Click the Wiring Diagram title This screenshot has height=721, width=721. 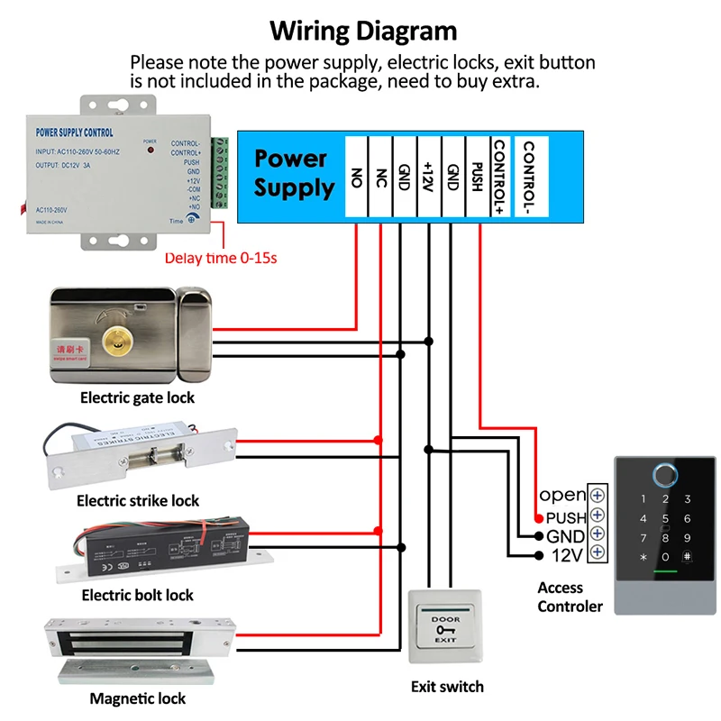pyautogui.click(x=364, y=31)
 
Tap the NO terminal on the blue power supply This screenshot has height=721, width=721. pyautogui.click(x=356, y=177)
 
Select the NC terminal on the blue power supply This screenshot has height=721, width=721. pyautogui.click(x=380, y=177)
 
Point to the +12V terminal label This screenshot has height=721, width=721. pyautogui.click(x=429, y=177)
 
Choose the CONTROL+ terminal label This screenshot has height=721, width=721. pyautogui.click(x=500, y=177)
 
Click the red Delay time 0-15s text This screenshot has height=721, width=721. pyautogui.click(x=220, y=258)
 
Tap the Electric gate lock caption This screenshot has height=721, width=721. pyautogui.click(x=137, y=397)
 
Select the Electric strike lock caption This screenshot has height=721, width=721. pyautogui.click(x=138, y=500)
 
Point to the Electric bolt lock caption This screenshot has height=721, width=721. pyautogui.click(x=137, y=595)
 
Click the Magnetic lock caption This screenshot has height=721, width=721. pyautogui.click(x=137, y=698)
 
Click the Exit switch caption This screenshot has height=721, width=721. pyautogui.click(x=447, y=687)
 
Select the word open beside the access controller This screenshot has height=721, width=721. pyautogui.click(x=562, y=495)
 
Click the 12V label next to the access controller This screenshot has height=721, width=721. pyautogui.click(x=567, y=555)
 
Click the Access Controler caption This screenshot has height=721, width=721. pyautogui.click(x=570, y=597)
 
